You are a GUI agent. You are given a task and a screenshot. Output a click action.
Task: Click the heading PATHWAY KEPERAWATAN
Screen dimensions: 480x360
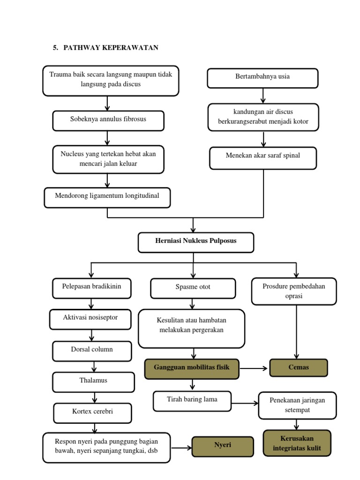(111, 47)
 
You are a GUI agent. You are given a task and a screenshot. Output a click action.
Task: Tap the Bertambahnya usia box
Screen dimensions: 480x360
(262, 78)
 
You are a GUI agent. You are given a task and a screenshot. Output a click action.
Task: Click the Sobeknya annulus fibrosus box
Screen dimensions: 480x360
(108, 120)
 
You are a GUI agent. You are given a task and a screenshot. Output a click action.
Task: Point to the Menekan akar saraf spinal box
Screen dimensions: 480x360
(263, 158)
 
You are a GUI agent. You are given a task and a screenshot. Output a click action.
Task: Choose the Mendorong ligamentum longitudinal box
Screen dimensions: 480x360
(107, 197)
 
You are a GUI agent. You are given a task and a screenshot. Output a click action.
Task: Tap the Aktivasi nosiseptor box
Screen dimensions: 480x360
(90, 319)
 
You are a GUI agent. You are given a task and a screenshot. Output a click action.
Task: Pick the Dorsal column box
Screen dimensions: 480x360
(92, 351)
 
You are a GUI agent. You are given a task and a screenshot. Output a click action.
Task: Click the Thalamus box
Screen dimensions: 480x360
(93, 382)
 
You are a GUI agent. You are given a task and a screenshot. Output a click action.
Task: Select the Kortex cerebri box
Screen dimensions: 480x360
(92, 412)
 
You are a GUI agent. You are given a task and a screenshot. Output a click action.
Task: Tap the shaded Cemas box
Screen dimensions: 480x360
(299, 368)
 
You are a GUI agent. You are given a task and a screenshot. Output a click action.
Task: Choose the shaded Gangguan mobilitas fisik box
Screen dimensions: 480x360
(192, 368)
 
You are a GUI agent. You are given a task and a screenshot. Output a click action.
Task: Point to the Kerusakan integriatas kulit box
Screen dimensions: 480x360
(297, 443)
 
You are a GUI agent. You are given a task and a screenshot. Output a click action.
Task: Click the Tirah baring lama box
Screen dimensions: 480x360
(192, 401)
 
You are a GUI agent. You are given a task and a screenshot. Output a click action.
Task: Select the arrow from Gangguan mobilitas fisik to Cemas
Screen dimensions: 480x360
(254, 368)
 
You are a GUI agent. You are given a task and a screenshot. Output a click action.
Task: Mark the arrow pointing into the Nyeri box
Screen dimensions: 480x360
(181, 448)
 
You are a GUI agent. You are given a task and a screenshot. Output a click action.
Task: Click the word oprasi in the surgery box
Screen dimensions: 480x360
(293, 297)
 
